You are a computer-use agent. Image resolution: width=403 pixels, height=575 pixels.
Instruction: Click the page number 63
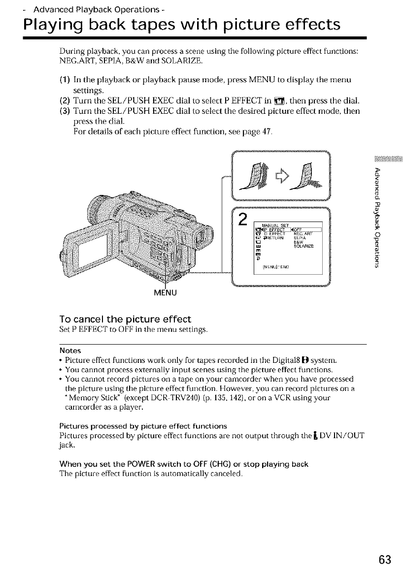(x=386, y=560)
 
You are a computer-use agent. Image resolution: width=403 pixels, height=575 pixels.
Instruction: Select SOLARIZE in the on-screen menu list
(x=304, y=247)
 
